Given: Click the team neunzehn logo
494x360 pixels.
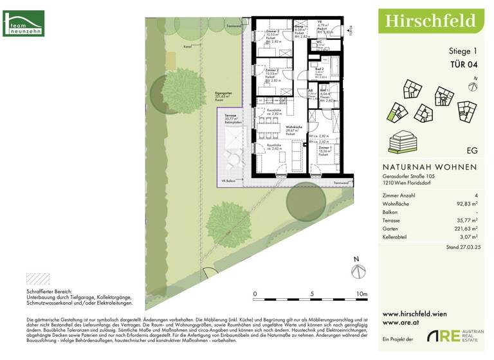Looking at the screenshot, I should click(x=23, y=23).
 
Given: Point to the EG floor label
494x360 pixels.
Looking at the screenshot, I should click(x=472, y=150).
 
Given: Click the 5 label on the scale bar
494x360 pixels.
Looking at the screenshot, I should click(x=311, y=294).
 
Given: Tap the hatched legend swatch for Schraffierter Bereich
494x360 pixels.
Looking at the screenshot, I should click(x=37, y=278).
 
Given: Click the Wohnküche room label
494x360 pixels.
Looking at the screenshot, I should click(x=294, y=127).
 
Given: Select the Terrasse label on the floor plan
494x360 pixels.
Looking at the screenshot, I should click(x=231, y=115).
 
